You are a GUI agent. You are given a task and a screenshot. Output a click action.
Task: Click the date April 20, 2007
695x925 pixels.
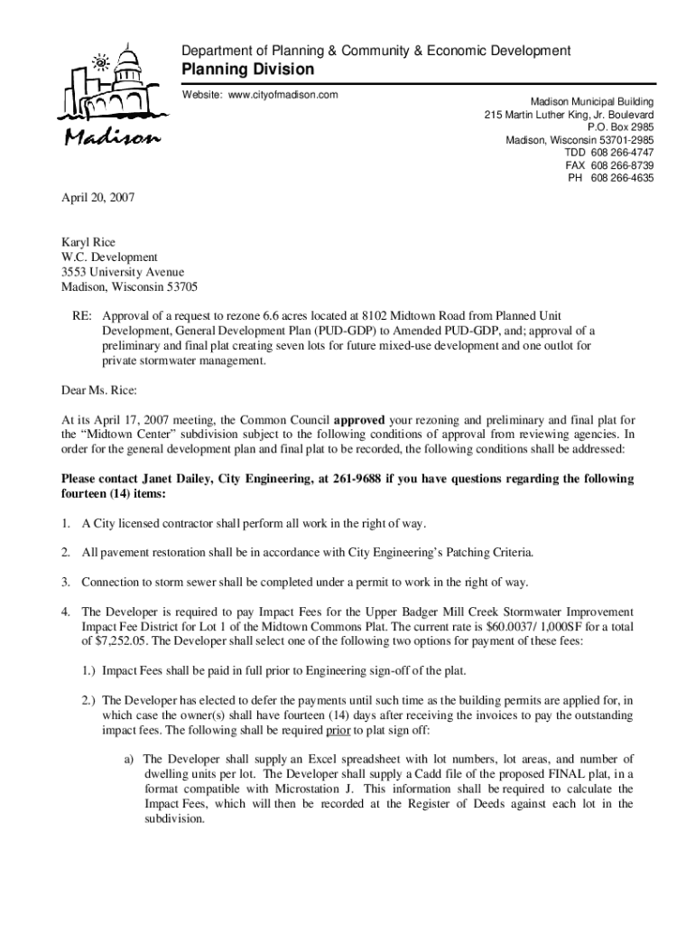click(x=97, y=196)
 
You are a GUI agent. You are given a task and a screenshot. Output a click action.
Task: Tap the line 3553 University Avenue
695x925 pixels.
click(x=123, y=272)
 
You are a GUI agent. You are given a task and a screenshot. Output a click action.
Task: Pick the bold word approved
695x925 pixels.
click(x=359, y=420)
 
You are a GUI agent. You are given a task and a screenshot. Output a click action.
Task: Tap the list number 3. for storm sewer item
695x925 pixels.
click(x=66, y=582)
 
